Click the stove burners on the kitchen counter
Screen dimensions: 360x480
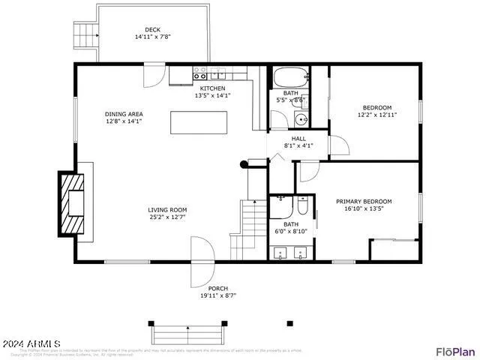[x=200, y=73]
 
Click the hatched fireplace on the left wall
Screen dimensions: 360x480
[x=73, y=202]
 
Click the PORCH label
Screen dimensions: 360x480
[x=217, y=289]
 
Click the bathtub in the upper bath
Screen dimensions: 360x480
[x=289, y=76]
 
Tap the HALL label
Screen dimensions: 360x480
[x=298, y=139]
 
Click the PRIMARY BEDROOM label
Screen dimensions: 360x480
[x=364, y=201]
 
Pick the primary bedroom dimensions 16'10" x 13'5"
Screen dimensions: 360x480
[x=364, y=209]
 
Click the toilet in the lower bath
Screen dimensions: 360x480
[x=302, y=205]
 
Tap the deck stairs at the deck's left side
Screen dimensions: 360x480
[x=86, y=34]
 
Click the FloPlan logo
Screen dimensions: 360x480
[x=455, y=351]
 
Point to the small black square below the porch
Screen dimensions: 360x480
[x=289, y=324]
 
